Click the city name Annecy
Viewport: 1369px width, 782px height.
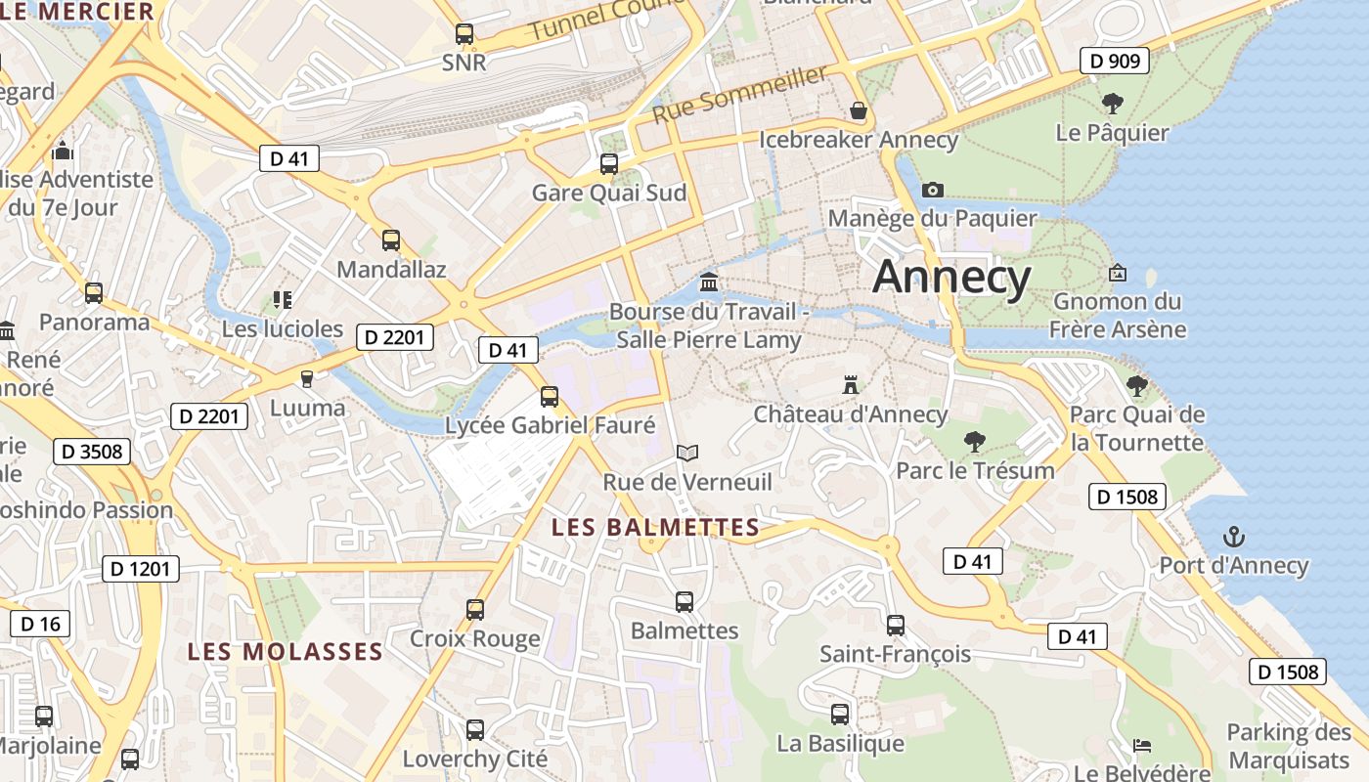[951, 277]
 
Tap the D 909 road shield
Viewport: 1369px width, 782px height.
[1114, 61]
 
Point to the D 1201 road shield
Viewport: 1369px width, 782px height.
[141, 568]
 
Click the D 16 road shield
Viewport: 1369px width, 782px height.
[40, 623]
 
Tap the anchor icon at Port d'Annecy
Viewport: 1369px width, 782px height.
[1234, 536]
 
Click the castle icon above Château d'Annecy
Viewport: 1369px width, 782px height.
[851, 385]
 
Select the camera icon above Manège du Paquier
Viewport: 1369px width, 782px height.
[933, 190]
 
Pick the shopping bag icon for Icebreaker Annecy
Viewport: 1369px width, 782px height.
[859, 110]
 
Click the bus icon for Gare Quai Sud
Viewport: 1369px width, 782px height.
[609, 163]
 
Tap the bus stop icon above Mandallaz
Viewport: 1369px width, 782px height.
[391, 239]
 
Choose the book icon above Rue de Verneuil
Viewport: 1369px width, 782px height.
[687, 453]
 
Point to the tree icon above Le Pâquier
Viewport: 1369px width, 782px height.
[1112, 103]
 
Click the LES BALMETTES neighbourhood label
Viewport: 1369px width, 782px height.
[655, 528]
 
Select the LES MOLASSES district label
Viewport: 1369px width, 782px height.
[285, 651]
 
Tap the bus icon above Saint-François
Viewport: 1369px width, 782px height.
[896, 625]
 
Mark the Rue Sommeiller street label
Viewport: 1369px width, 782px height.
[740, 95]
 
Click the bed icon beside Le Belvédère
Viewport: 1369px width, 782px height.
[1141, 746]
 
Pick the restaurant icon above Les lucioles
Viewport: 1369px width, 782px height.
[283, 300]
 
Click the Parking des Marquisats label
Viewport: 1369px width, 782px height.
[1289, 746]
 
